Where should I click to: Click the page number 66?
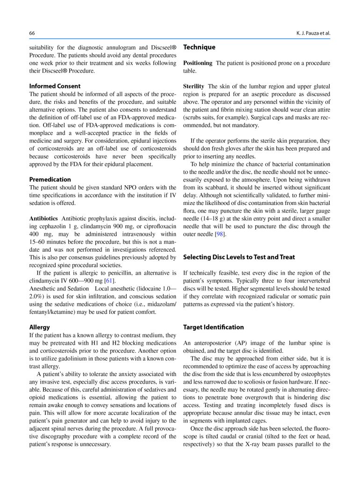32,33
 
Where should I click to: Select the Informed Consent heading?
55,86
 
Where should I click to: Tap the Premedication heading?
50,179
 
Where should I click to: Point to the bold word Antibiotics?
43,218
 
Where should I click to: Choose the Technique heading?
199,47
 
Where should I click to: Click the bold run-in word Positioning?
197,63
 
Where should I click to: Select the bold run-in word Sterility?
194,87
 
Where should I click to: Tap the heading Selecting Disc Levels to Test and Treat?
239,257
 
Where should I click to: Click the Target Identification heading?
213,327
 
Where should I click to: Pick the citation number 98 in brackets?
219,234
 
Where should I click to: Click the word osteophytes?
315,366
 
